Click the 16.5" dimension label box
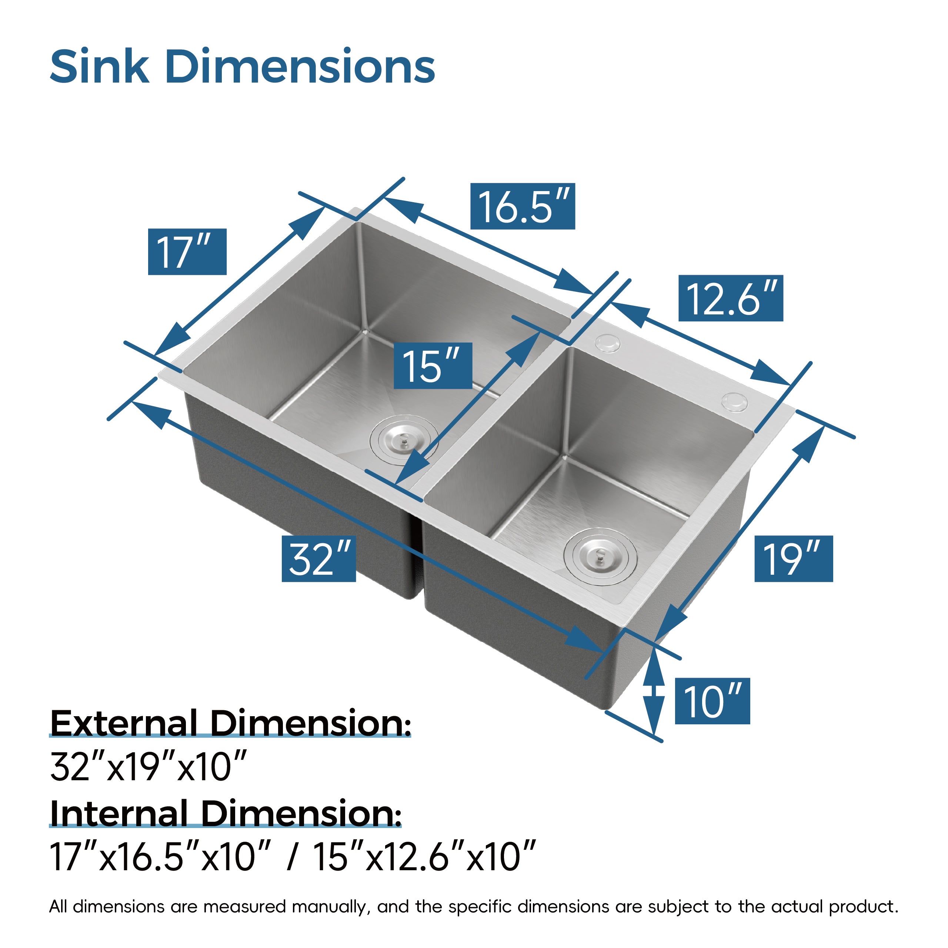tap(522, 207)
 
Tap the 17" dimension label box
tap(187, 252)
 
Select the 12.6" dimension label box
tap(730, 298)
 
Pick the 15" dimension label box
tap(433, 366)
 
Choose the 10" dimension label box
tap(712, 702)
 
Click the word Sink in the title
tap(100, 66)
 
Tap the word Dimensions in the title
tap(300, 66)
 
